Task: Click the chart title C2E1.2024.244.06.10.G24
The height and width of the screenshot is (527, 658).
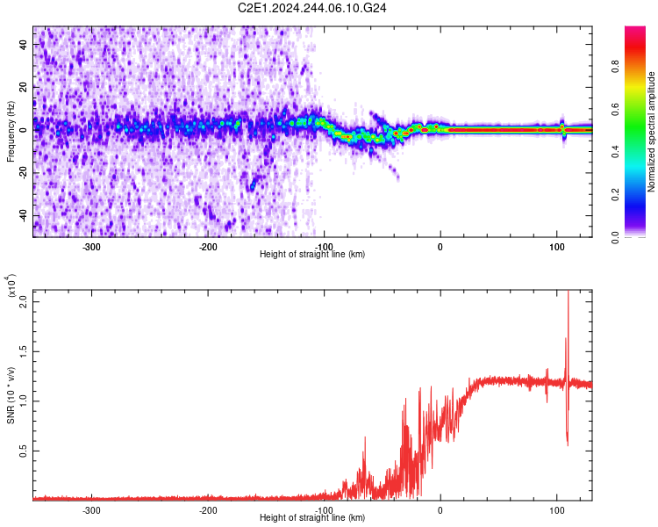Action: [313, 8]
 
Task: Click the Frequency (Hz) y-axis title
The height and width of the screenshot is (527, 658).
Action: [11, 132]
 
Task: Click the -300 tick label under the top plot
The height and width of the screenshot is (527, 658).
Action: [91, 247]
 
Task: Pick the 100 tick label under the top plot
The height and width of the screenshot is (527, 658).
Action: [556, 247]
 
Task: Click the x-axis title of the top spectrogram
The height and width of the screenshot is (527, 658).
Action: [312, 255]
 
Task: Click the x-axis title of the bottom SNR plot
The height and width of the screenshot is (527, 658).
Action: [312, 518]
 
